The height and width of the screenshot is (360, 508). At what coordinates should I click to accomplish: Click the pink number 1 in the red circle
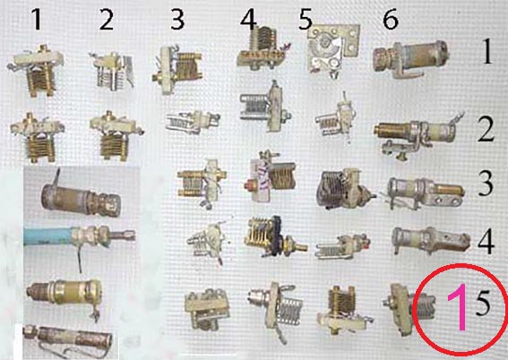(x=457, y=307)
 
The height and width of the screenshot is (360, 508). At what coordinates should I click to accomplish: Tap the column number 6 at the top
(x=391, y=20)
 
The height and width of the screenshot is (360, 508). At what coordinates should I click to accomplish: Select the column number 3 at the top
(x=177, y=20)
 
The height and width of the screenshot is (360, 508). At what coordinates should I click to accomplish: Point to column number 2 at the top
(x=107, y=20)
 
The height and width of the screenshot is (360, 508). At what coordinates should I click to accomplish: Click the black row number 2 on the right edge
(x=486, y=130)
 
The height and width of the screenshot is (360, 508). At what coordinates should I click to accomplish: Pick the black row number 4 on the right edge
(x=486, y=242)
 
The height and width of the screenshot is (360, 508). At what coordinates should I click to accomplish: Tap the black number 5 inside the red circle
(x=483, y=304)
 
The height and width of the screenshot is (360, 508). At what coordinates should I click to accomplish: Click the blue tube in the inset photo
(x=48, y=236)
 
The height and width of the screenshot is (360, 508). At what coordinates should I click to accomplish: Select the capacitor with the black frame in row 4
(x=275, y=236)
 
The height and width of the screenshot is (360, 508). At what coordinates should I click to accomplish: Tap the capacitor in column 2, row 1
(x=112, y=71)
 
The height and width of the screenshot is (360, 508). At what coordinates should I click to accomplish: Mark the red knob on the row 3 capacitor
(x=251, y=186)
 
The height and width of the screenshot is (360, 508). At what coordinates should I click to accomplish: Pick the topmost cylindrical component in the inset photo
(x=81, y=198)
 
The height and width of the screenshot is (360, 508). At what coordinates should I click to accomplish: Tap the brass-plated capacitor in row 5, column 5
(x=343, y=310)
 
